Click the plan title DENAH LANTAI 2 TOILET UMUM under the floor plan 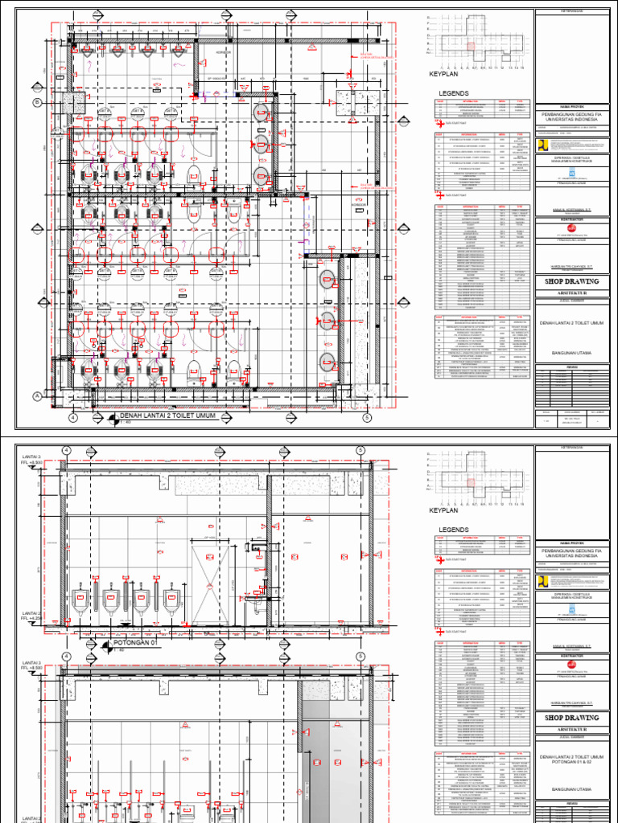click(x=167, y=417)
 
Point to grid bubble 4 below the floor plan click(x=72, y=418)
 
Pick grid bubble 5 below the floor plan click(x=367, y=418)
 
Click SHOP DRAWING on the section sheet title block click(x=572, y=717)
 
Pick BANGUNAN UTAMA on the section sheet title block click(x=572, y=790)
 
